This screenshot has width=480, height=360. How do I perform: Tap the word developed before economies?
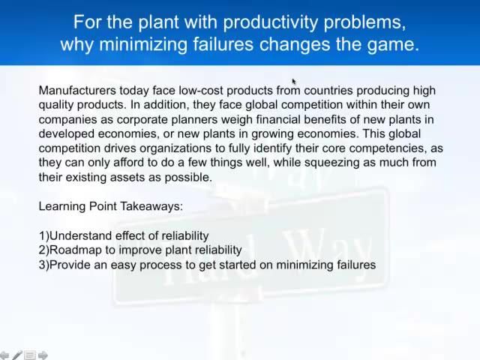coord(65,133)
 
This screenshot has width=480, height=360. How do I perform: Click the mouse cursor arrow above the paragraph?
coord(294,81)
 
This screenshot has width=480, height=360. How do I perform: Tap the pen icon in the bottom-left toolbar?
coord(16,355)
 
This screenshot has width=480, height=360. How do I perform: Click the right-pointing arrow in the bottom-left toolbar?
coord(43,355)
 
